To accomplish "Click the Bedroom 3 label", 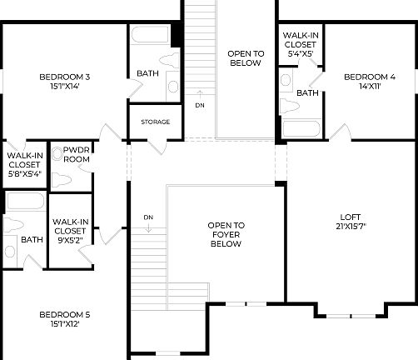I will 64,77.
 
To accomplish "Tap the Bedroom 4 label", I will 370,77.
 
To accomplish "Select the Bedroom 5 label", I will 64,314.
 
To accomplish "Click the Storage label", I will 155,122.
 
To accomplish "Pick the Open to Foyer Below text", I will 226,234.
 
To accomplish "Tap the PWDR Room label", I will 76,153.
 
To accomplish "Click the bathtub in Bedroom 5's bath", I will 25,202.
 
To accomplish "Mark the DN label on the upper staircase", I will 199,105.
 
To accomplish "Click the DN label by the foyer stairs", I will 147,217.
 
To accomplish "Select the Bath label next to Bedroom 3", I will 147,73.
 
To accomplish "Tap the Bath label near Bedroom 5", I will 32,239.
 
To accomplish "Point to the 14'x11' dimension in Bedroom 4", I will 370,87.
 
